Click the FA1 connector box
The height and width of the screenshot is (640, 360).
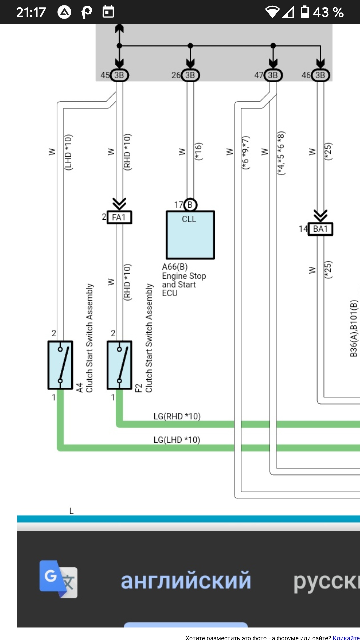119,217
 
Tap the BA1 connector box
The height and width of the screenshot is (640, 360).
320,229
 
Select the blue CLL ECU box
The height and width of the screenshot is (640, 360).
190,235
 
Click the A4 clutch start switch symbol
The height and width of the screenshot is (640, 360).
60,365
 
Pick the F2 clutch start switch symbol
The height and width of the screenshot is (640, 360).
119,365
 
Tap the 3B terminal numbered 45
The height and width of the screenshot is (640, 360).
119,75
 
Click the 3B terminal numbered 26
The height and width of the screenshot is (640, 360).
190,75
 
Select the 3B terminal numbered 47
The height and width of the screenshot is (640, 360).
273,75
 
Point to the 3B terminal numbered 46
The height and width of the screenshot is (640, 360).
320,75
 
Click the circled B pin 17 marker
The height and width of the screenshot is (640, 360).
190,205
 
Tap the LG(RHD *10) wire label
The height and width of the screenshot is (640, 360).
177,416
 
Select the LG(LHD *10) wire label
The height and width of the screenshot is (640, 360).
177,440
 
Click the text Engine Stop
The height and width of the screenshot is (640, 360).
184,276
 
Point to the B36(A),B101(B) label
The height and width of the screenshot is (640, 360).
354,328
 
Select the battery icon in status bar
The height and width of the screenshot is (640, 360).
305,12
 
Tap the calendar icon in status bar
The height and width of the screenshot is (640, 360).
108,12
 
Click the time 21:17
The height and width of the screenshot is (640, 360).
31,12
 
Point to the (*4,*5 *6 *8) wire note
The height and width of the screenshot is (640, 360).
281,153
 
